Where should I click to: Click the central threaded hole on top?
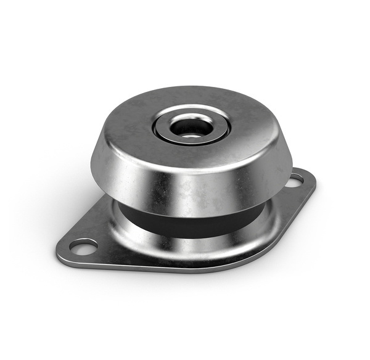click(x=191, y=128)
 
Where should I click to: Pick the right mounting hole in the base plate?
click(x=295, y=180)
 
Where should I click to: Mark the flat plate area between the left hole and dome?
click(x=105, y=237)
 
